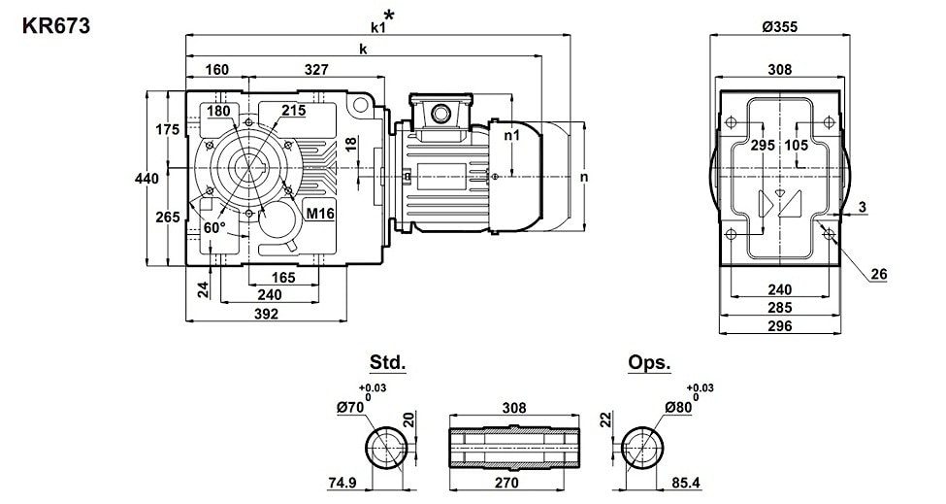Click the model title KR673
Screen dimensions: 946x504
tap(56, 26)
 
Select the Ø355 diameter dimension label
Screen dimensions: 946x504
tap(779, 26)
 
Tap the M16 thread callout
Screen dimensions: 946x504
tap(320, 213)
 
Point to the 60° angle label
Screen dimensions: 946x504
tap(214, 227)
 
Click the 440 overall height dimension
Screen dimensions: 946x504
tap(147, 179)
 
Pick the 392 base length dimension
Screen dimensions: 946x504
tap(266, 314)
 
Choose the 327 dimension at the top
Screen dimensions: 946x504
tap(316, 70)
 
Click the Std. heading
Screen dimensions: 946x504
tap(387, 363)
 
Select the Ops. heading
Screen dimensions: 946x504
tap(649, 363)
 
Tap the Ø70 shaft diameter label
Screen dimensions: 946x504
tap(350, 408)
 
